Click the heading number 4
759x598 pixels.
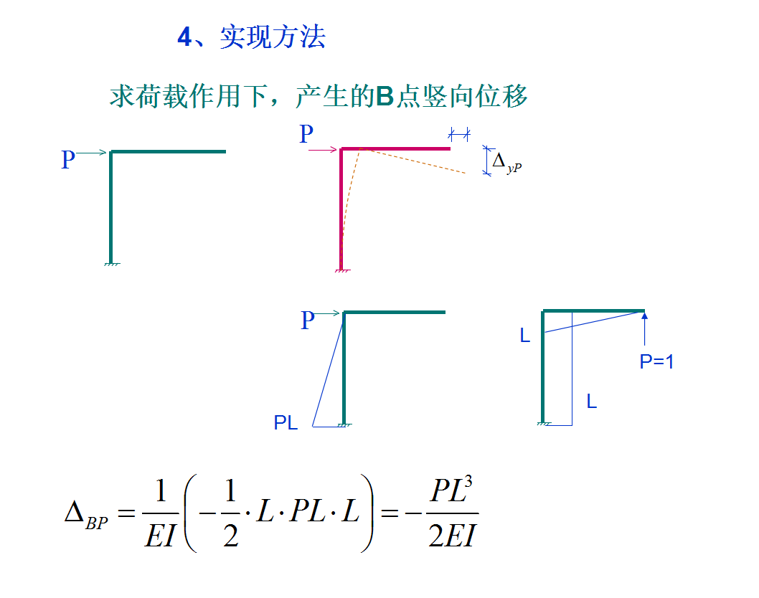[x=184, y=38]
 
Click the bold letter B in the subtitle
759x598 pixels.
[x=385, y=96]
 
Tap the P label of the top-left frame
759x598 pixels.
[x=68, y=159]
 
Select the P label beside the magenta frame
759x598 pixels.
[x=306, y=134]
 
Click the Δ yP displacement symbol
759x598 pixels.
[x=506, y=163]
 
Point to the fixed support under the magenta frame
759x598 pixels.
[x=341, y=270]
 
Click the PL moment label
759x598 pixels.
[x=286, y=423]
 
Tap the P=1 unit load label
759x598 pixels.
[x=656, y=362]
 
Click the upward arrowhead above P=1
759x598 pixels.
[x=644, y=315]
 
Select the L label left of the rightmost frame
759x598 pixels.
[x=525, y=336]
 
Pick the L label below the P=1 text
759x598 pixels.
[x=591, y=402]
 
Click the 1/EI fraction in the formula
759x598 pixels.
[x=160, y=514]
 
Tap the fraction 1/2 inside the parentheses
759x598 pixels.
[x=230, y=514]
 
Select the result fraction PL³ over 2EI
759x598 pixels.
[x=453, y=514]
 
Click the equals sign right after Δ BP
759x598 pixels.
[x=125, y=513]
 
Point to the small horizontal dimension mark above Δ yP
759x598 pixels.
[x=458, y=133]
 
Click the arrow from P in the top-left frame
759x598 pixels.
[x=93, y=152]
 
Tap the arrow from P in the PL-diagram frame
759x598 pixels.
[x=329, y=313]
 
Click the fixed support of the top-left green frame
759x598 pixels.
[x=111, y=264]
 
